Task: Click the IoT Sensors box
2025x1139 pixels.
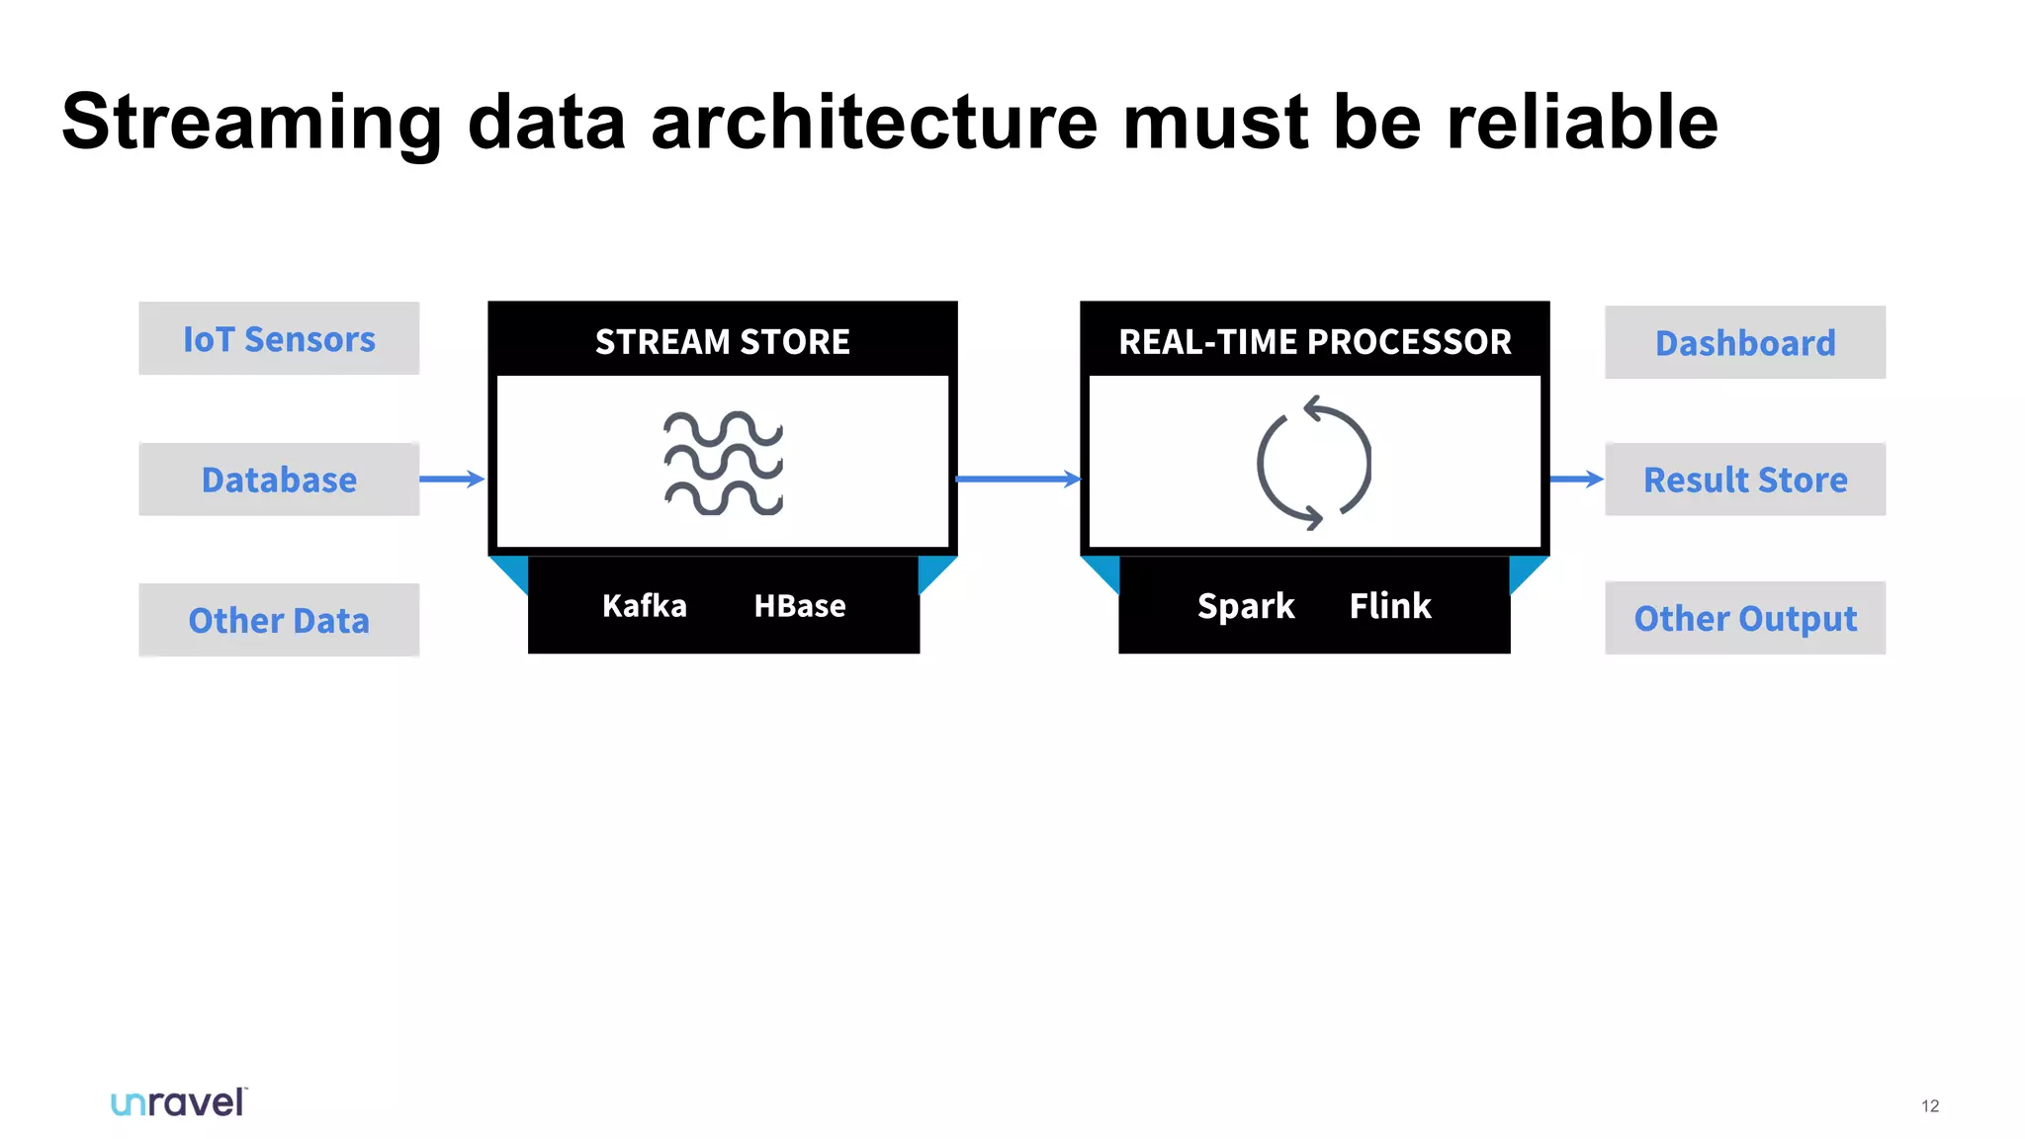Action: [x=279, y=338]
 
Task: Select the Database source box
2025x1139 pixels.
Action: [x=279, y=480]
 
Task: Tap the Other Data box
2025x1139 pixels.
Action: [x=279, y=620]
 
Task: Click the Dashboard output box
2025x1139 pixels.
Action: [x=1745, y=342]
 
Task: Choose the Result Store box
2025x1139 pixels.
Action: [x=1745, y=480]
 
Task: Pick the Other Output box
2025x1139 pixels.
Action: [x=1745, y=618]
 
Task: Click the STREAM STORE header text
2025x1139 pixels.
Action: [x=722, y=341]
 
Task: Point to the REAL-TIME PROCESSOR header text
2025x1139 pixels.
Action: [x=1314, y=341]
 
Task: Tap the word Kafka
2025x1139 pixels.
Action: [x=644, y=605]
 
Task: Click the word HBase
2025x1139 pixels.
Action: [x=800, y=605]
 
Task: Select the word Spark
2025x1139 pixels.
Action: [x=1245, y=605]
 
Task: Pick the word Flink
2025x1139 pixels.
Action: [x=1390, y=605]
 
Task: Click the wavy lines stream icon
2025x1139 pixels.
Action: [x=723, y=463]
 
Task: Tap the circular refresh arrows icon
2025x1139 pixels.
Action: [x=1314, y=463]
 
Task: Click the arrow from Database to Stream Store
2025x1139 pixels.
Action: [x=452, y=480]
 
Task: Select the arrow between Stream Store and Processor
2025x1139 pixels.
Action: [x=1018, y=480]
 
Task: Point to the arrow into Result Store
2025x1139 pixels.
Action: [x=1576, y=480]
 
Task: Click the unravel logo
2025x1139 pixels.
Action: [x=178, y=1102]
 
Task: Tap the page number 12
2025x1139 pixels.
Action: [x=1930, y=1105]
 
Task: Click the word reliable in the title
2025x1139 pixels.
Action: [x=1582, y=122]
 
